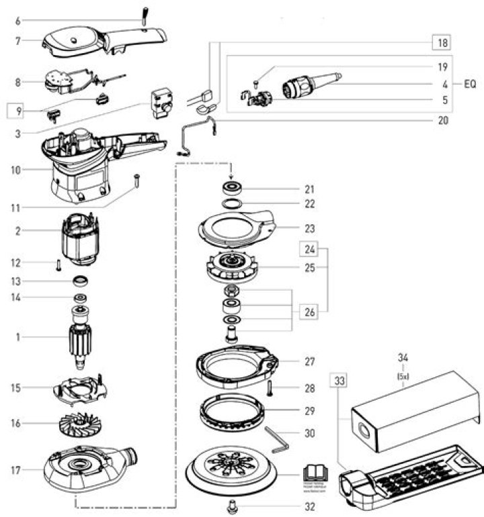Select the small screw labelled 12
pyautogui.click(x=59, y=263)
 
